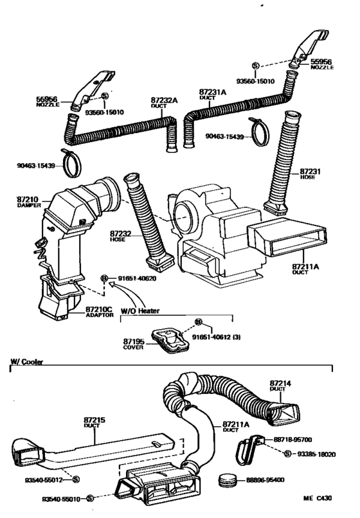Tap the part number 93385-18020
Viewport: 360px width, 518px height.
point(318,454)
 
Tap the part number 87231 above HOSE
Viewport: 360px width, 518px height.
point(310,172)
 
